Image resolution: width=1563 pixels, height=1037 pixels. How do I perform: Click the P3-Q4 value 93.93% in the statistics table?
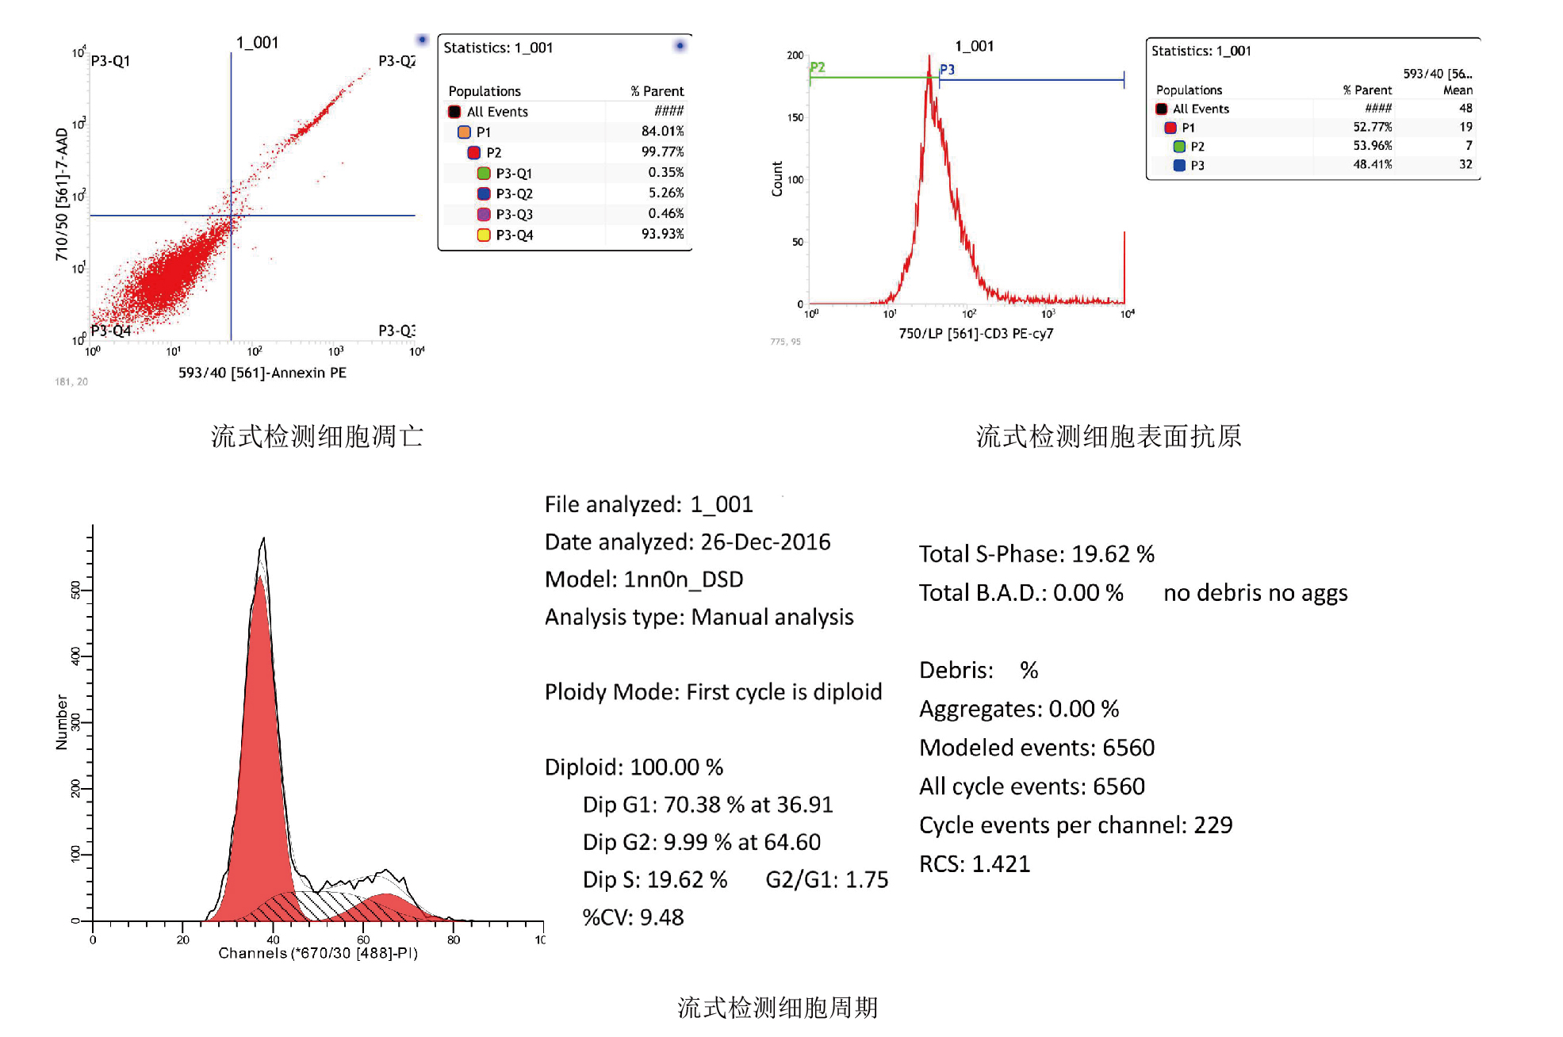pos(662,234)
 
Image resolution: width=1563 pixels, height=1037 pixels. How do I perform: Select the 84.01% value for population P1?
pos(662,132)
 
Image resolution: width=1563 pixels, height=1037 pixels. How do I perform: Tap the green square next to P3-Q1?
pos(483,173)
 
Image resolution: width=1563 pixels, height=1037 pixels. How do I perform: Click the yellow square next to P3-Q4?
pos(483,235)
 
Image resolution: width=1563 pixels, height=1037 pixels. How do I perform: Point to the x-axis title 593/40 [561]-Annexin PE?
pos(262,373)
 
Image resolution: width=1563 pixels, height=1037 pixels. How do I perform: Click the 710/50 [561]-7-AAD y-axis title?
pos(62,194)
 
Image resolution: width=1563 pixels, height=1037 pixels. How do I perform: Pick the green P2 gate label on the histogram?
pos(818,67)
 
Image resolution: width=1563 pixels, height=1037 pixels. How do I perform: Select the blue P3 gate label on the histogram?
pos(947,70)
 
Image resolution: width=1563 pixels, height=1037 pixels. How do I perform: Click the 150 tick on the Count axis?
pos(795,117)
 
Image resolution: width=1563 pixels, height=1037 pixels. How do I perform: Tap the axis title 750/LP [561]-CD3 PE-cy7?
pos(975,334)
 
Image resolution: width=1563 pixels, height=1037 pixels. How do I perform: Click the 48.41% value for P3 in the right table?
pos(1372,165)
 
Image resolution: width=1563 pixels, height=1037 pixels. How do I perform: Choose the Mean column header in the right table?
pos(1458,90)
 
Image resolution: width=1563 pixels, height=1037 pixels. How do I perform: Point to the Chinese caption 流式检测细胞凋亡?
pos(317,436)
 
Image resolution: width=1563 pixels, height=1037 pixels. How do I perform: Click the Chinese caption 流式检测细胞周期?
pos(777,1008)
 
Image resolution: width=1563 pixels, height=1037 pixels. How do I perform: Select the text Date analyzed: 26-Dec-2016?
pos(687,542)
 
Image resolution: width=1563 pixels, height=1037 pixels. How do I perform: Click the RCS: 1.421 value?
pos(974,864)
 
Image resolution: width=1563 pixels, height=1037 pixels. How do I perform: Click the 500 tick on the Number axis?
pos(75,589)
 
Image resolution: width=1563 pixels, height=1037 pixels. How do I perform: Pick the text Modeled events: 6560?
pos(1036,748)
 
